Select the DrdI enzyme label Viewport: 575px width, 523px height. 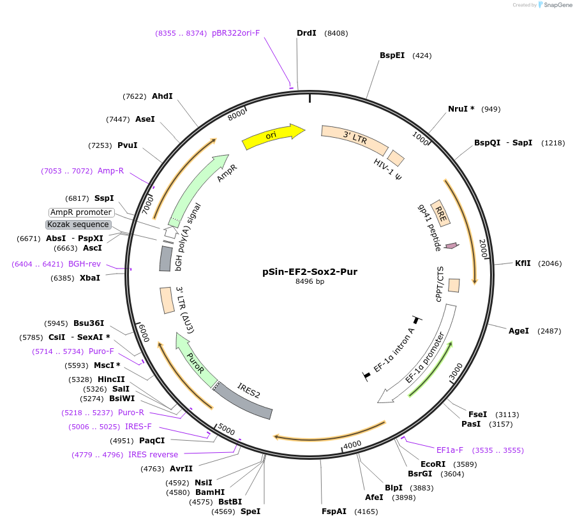[x=306, y=33]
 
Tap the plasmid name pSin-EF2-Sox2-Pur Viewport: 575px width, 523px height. [x=310, y=271]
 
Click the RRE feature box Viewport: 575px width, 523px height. [x=440, y=212]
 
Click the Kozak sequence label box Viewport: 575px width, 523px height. [x=78, y=225]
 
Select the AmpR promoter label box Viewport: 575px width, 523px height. [x=81, y=212]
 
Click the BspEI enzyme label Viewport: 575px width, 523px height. [x=392, y=55]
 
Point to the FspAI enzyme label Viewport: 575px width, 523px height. [x=334, y=511]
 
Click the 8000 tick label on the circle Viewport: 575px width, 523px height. [x=237, y=114]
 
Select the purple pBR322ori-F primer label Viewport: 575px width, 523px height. [x=235, y=33]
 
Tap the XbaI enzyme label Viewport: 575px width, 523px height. [x=89, y=278]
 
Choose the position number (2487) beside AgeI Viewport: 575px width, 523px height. [x=549, y=331]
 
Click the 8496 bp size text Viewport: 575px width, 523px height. [x=310, y=281]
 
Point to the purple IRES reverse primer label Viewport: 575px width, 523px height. [x=153, y=455]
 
